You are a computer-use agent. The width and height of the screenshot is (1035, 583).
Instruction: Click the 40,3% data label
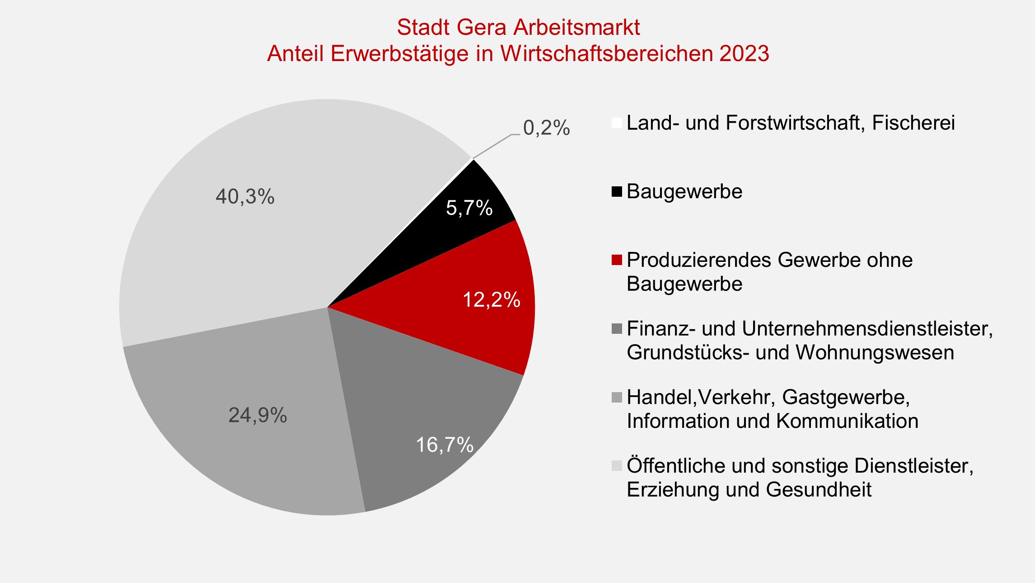[245, 197]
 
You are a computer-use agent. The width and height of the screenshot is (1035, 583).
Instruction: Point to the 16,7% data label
[445, 445]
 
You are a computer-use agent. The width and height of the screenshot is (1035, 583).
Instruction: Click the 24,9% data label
[258, 415]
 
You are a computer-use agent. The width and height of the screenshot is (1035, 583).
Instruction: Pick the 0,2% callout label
[546, 128]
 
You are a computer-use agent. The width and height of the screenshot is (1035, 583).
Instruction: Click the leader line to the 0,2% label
[492, 146]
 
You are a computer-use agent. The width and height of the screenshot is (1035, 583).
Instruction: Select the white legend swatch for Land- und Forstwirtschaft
[617, 123]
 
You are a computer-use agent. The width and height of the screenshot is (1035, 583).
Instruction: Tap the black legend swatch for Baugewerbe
[617, 192]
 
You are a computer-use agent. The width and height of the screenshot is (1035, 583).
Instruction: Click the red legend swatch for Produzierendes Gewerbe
[617, 261]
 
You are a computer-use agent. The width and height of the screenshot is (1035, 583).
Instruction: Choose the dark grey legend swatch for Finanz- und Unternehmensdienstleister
[617, 329]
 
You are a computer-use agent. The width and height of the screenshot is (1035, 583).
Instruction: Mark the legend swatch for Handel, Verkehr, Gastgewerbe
[617, 398]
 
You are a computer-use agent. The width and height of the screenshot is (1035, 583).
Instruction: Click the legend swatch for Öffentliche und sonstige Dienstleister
[617, 466]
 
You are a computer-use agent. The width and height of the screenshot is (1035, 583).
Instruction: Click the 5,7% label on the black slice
[469, 208]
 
